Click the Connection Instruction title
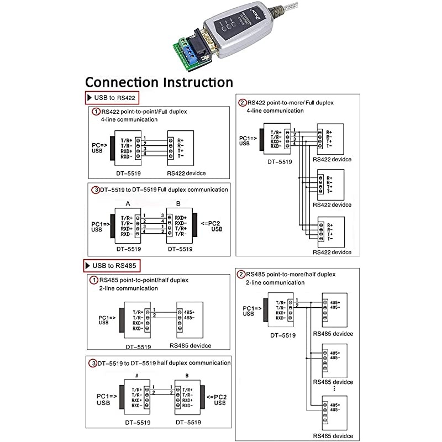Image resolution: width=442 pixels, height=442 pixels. coord(159,82)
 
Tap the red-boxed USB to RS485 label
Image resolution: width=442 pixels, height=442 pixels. coord(113,266)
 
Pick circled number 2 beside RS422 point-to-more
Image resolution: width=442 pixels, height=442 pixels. coord(242,103)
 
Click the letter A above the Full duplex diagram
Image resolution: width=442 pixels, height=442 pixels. coord(128,203)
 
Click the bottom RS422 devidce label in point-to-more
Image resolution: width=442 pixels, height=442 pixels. coord(331,252)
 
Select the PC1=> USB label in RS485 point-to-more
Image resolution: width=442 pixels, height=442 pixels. coord(251,310)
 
